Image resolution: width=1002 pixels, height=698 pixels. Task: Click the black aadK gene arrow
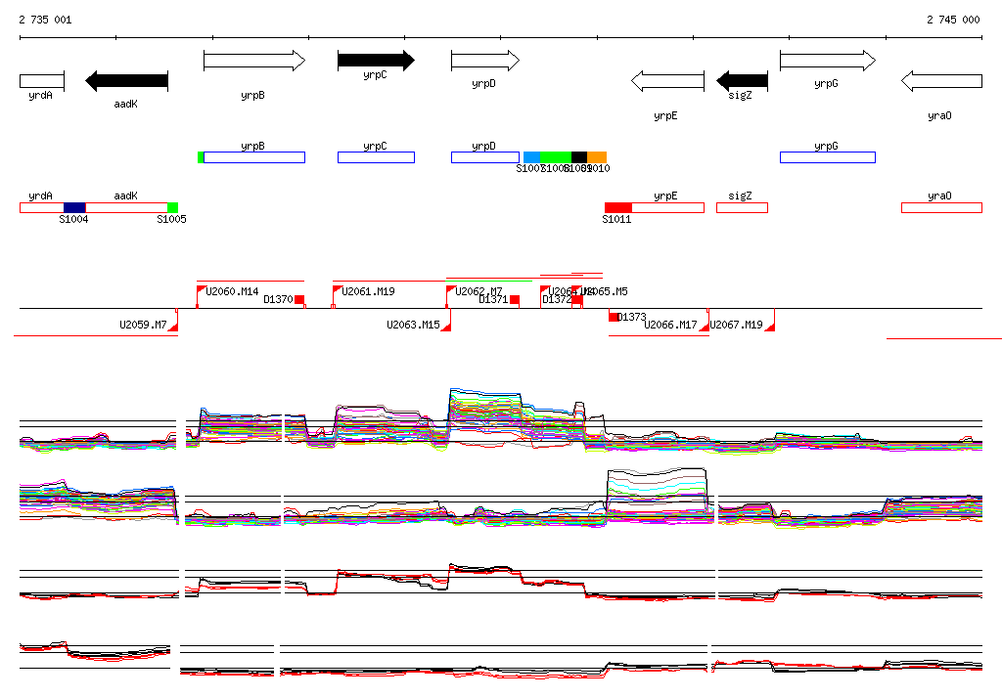coord(126,80)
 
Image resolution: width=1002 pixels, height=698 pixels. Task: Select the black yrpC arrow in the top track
coord(376,61)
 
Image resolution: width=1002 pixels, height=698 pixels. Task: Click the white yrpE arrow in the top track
coord(667,80)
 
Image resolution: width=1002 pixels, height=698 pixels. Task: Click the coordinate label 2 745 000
coord(953,20)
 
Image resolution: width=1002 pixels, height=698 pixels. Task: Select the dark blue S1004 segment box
coord(74,207)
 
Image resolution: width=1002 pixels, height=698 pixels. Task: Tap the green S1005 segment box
coord(172,207)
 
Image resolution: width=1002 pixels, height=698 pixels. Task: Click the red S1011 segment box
coord(617,207)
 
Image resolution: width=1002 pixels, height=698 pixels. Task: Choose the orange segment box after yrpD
coord(597,157)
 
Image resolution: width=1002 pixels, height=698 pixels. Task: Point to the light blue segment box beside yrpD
coord(531,157)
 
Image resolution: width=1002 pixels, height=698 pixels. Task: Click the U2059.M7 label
coord(143,325)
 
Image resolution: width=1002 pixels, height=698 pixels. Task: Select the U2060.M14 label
coord(232,291)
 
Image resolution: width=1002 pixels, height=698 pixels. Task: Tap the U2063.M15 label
coord(412,325)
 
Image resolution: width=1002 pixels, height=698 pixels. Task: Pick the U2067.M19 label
coord(736,325)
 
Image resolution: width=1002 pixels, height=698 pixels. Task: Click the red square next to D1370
coord(299,300)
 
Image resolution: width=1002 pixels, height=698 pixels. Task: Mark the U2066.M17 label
coord(670,325)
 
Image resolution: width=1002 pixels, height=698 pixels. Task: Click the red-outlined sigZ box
coord(742,207)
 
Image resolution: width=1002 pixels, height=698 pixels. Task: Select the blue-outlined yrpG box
coord(827,157)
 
